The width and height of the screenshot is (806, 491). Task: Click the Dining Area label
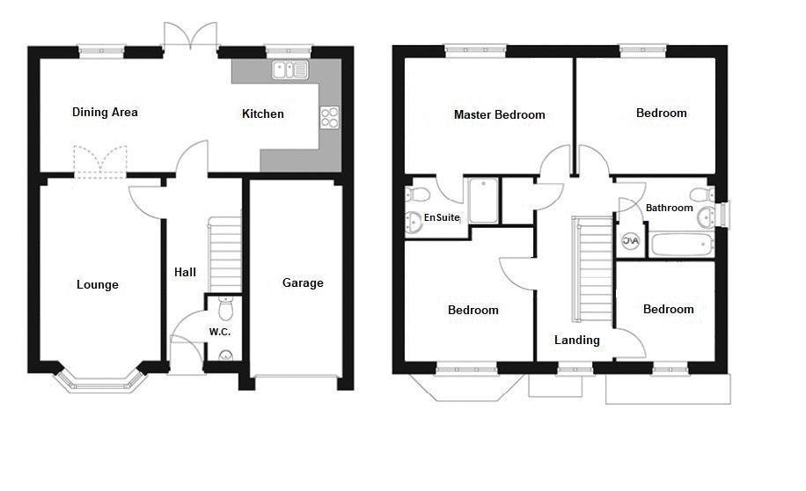coord(105,112)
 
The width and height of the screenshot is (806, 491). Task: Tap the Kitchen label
coord(263,114)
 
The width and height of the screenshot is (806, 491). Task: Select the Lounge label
coord(97,284)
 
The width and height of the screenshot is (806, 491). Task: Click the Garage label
coord(303,282)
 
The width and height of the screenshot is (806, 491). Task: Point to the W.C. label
coord(219,332)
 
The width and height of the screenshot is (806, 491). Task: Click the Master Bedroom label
coord(499,114)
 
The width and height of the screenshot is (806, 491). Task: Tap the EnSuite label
coord(442,216)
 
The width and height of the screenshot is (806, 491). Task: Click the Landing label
coord(577,340)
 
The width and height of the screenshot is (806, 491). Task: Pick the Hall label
coord(185,272)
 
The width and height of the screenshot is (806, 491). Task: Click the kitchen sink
coord(290,70)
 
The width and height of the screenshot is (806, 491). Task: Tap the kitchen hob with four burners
coord(329,117)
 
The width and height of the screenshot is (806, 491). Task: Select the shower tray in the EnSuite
coord(483,202)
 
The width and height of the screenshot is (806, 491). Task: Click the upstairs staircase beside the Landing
coord(594,270)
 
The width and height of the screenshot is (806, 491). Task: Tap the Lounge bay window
coord(99,379)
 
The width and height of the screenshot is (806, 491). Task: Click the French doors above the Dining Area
coord(190,37)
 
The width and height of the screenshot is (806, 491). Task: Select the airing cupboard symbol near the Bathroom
coord(631,240)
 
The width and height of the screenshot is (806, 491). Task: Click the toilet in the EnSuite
coord(416,194)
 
